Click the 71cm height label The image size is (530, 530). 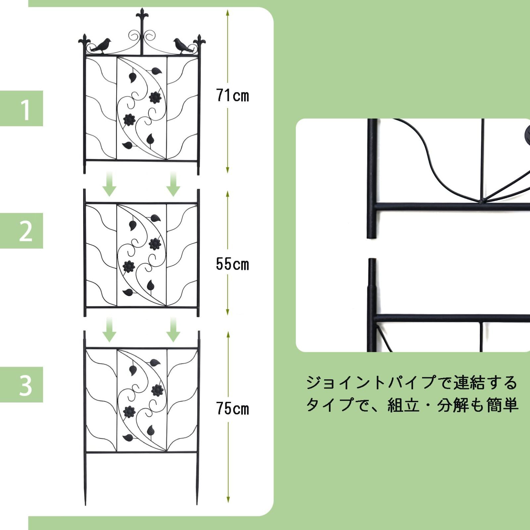pyautogui.click(x=232, y=96)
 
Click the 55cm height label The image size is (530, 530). pyautogui.click(x=232, y=264)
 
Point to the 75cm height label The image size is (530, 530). pyautogui.click(x=232, y=408)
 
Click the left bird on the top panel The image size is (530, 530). pyautogui.click(x=102, y=46)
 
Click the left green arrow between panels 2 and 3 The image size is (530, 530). pyautogui.click(x=109, y=329)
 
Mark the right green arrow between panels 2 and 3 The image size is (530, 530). pyautogui.click(x=173, y=329)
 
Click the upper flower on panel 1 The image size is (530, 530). pyautogui.click(x=155, y=97)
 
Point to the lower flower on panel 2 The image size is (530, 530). pyautogui.click(x=129, y=266)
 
